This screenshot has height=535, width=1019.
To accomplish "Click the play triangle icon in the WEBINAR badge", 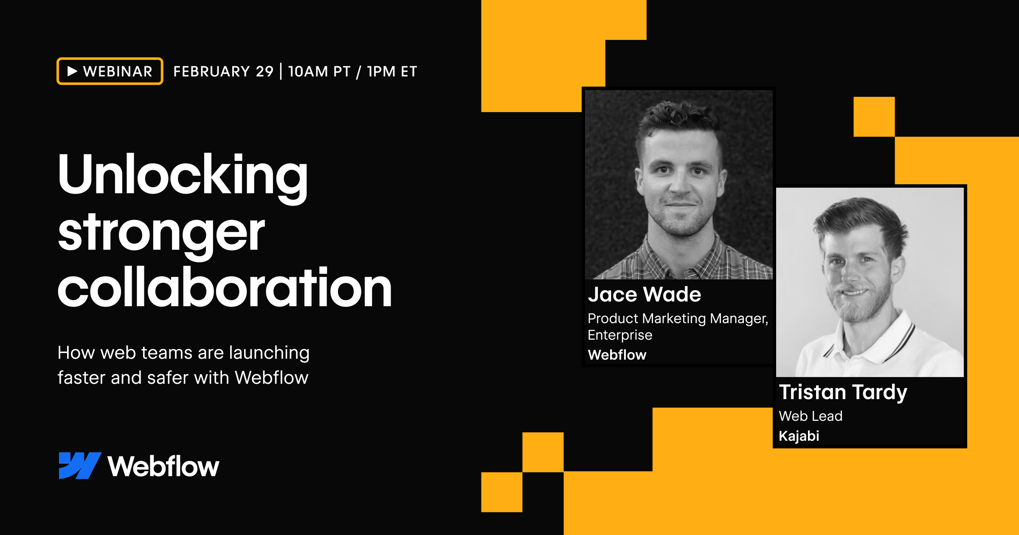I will coord(72,71).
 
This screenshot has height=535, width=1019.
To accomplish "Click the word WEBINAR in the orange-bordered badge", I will coord(118,71).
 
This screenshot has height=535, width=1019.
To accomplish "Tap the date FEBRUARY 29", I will coord(223,71).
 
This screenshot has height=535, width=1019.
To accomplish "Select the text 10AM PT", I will coord(319,71).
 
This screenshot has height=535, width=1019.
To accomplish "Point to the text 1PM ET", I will coord(392,71).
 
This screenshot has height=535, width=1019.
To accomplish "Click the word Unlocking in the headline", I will coord(183,175).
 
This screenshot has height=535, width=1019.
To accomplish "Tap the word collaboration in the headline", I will coord(224,289).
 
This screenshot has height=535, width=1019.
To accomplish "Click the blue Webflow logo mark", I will coord(79,465).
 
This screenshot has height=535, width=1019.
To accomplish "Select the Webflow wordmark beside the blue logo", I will coord(163,466).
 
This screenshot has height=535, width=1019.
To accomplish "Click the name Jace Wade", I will coord(644,294).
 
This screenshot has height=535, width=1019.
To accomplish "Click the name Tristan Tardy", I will coord(843,391).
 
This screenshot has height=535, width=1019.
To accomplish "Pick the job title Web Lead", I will coord(811,416).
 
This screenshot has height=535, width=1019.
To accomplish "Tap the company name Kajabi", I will coord(799,436).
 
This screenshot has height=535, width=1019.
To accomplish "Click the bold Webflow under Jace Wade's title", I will coord(617,355).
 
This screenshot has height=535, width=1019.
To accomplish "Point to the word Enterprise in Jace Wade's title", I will coord(620,335).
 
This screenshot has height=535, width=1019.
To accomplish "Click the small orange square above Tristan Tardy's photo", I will coord(874,117).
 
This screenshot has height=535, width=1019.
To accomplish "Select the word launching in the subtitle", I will coord(269,353).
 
